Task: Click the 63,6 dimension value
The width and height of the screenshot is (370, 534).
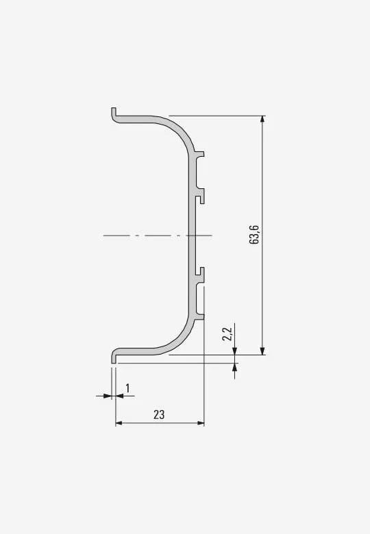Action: click(254, 235)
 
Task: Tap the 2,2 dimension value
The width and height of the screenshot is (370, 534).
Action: click(227, 334)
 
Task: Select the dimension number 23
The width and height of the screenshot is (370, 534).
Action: click(159, 415)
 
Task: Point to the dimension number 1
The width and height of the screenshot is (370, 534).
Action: click(127, 388)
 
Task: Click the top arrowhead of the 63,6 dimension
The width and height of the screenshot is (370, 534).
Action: click(262, 120)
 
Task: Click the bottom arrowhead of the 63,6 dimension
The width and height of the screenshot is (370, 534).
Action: click(262, 351)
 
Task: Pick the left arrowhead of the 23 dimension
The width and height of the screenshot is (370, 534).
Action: click(119, 423)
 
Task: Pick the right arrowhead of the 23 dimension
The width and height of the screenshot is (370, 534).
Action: click(201, 423)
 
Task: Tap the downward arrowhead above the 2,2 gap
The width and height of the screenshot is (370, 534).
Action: click(234, 351)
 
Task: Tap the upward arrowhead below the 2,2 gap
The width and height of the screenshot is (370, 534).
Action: click(234, 367)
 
